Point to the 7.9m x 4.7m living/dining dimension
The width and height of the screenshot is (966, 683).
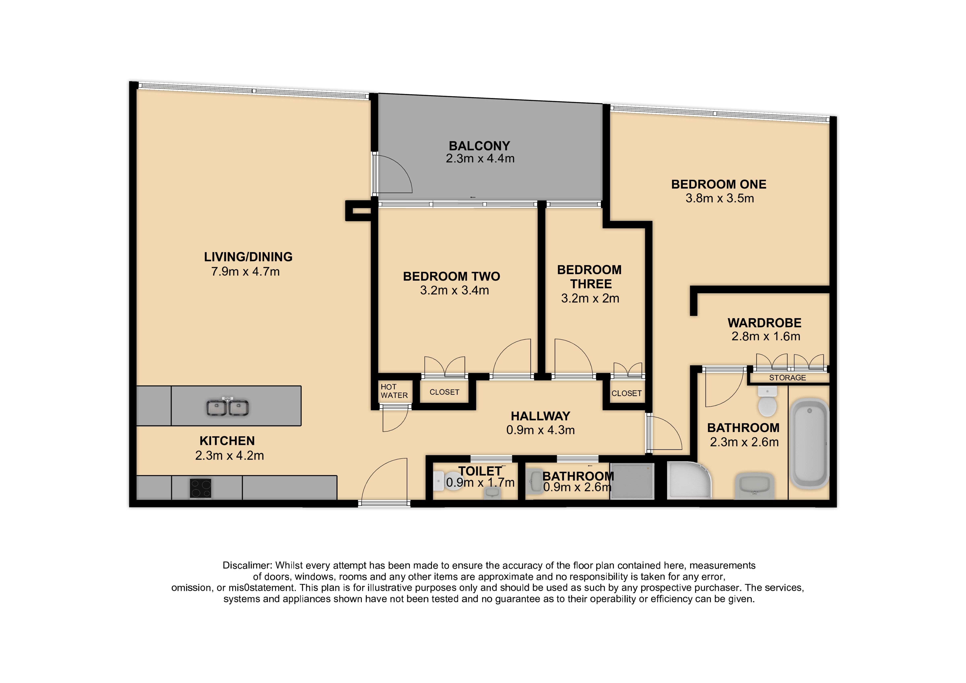(245, 271)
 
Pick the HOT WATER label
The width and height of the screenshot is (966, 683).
(394, 391)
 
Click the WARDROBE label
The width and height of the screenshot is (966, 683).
(765, 323)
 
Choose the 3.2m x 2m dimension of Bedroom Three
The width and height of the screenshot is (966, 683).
(590, 298)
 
